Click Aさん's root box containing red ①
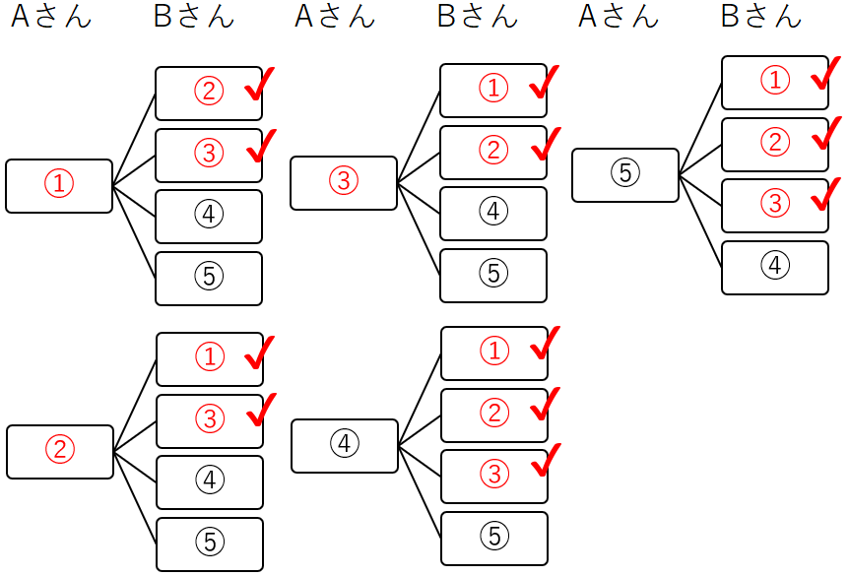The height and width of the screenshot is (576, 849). tap(59, 186)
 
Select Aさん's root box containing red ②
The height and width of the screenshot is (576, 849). tap(60, 452)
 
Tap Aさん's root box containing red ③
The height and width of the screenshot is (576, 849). tap(344, 183)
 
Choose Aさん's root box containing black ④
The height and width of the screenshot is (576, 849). tap(345, 446)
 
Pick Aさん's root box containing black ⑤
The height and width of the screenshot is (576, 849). tap(625, 175)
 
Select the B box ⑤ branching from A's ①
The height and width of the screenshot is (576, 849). tap(209, 279)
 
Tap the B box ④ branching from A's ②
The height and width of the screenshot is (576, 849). tap(209, 482)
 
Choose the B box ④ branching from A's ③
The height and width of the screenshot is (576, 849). tap(492, 214)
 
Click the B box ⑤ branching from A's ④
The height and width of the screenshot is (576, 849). tap(493, 538)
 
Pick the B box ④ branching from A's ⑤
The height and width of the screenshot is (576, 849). tap(775, 268)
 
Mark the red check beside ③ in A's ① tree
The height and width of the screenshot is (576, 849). tap(260, 146)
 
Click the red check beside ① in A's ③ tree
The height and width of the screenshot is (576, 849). tap(544, 83)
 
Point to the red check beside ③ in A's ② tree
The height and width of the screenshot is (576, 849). tap(260, 410)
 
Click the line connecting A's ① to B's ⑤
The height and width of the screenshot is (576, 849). tap(135, 232)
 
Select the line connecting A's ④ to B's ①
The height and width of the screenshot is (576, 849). tap(420, 400)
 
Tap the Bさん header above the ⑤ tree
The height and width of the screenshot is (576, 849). tap(761, 17)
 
